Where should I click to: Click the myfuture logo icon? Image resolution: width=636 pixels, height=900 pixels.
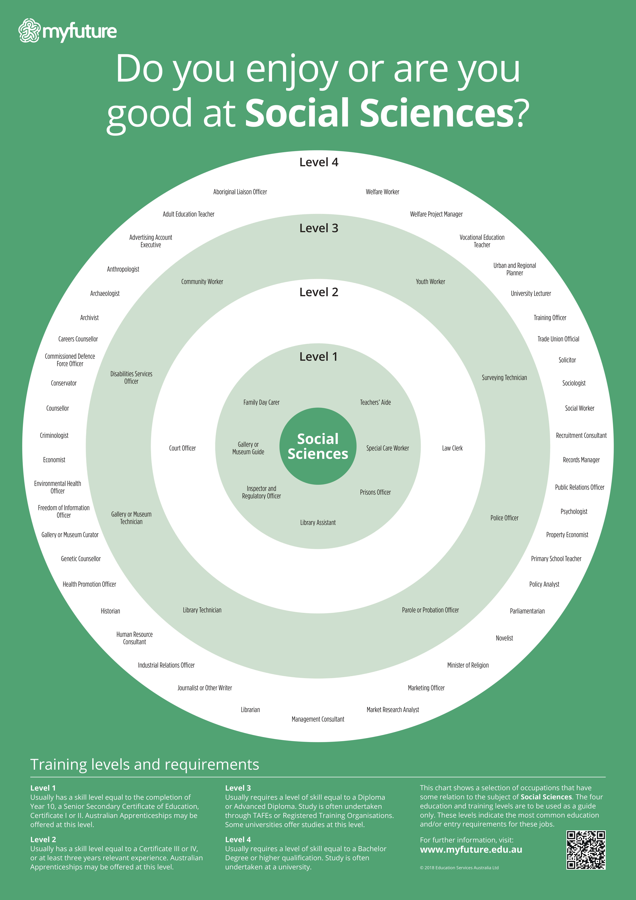[29, 31]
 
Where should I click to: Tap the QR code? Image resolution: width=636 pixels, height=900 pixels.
[586, 850]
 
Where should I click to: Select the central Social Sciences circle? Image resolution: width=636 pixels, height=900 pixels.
[318, 446]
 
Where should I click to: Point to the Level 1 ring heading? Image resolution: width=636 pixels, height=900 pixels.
[318, 357]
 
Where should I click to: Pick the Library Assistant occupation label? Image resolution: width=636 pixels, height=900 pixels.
[318, 522]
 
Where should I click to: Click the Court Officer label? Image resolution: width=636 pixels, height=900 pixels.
[182, 448]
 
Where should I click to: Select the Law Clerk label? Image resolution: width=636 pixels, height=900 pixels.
[452, 448]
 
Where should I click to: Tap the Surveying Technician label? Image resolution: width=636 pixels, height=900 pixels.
[504, 378]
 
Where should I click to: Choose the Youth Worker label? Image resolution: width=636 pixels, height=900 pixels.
[430, 281]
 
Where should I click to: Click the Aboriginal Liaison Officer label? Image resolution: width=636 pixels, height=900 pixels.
[240, 192]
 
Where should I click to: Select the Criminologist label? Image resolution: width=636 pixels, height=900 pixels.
[54, 435]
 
